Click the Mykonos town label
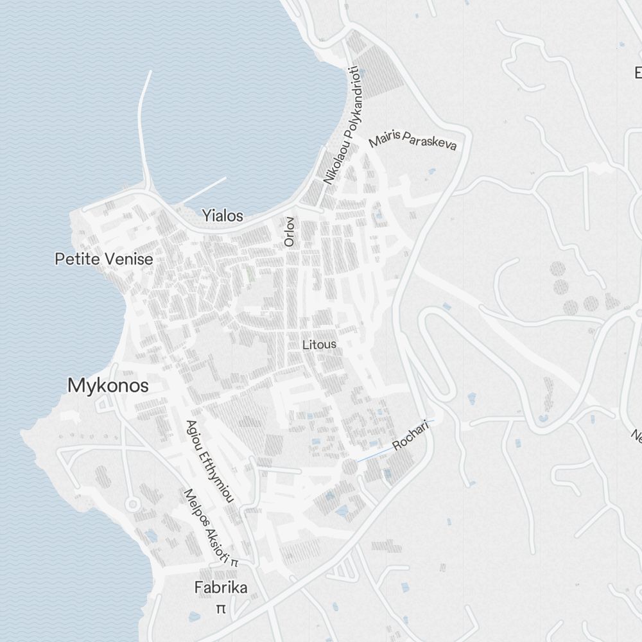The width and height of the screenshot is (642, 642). tap(108, 386)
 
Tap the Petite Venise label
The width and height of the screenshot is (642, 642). tap(103, 259)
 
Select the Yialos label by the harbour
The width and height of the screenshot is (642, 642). tap(223, 216)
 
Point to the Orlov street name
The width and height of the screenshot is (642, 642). tap(289, 232)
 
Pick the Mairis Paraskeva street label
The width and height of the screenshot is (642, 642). tap(413, 140)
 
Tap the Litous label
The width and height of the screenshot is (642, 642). tap(319, 345)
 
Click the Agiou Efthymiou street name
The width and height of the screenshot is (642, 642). tap(209, 460)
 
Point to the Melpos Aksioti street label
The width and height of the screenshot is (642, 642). tap(207, 526)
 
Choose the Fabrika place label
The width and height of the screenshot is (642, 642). tap(221, 587)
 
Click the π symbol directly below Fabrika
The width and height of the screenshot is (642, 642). tap(221, 608)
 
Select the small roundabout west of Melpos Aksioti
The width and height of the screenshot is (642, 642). tap(133, 504)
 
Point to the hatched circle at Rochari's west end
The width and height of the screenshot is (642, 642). tap(349, 467)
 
